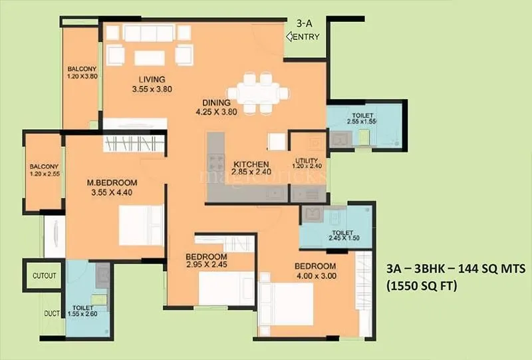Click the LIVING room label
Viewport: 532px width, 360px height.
148,79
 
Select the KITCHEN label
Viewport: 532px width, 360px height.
249,164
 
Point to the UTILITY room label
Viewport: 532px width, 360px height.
307,160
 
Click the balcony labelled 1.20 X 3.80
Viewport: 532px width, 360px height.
82,72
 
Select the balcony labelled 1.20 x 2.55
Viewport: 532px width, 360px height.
44,170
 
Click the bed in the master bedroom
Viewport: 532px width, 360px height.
141,225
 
